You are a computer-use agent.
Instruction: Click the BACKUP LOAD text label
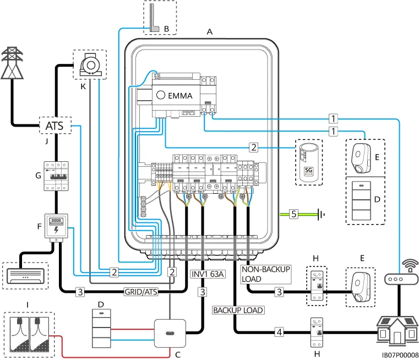(x=238, y=310)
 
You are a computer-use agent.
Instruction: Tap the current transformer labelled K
(x=90, y=66)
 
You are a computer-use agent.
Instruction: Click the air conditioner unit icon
(x=25, y=272)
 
